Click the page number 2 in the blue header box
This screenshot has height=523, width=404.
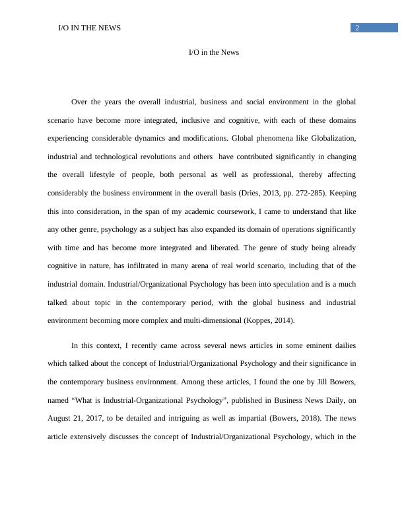tap(357, 28)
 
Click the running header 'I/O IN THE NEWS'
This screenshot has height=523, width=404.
tap(90, 28)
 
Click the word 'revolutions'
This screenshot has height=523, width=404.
tap(170, 157)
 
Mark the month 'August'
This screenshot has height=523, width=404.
tap(61, 400)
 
